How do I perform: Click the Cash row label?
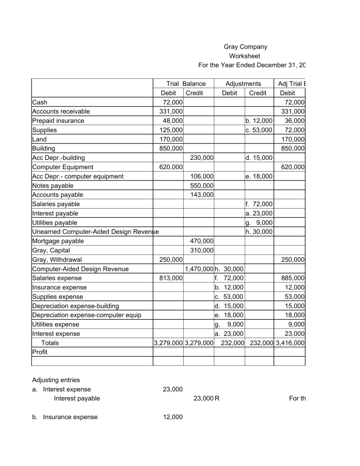pos(39,102)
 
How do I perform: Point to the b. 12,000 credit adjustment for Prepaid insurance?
pos(259,120)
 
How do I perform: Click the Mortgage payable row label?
pos(58,241)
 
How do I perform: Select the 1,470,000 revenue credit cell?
pos(199,269)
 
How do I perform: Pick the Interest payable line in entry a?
pos(77,399)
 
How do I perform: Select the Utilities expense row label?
pos(55,324)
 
